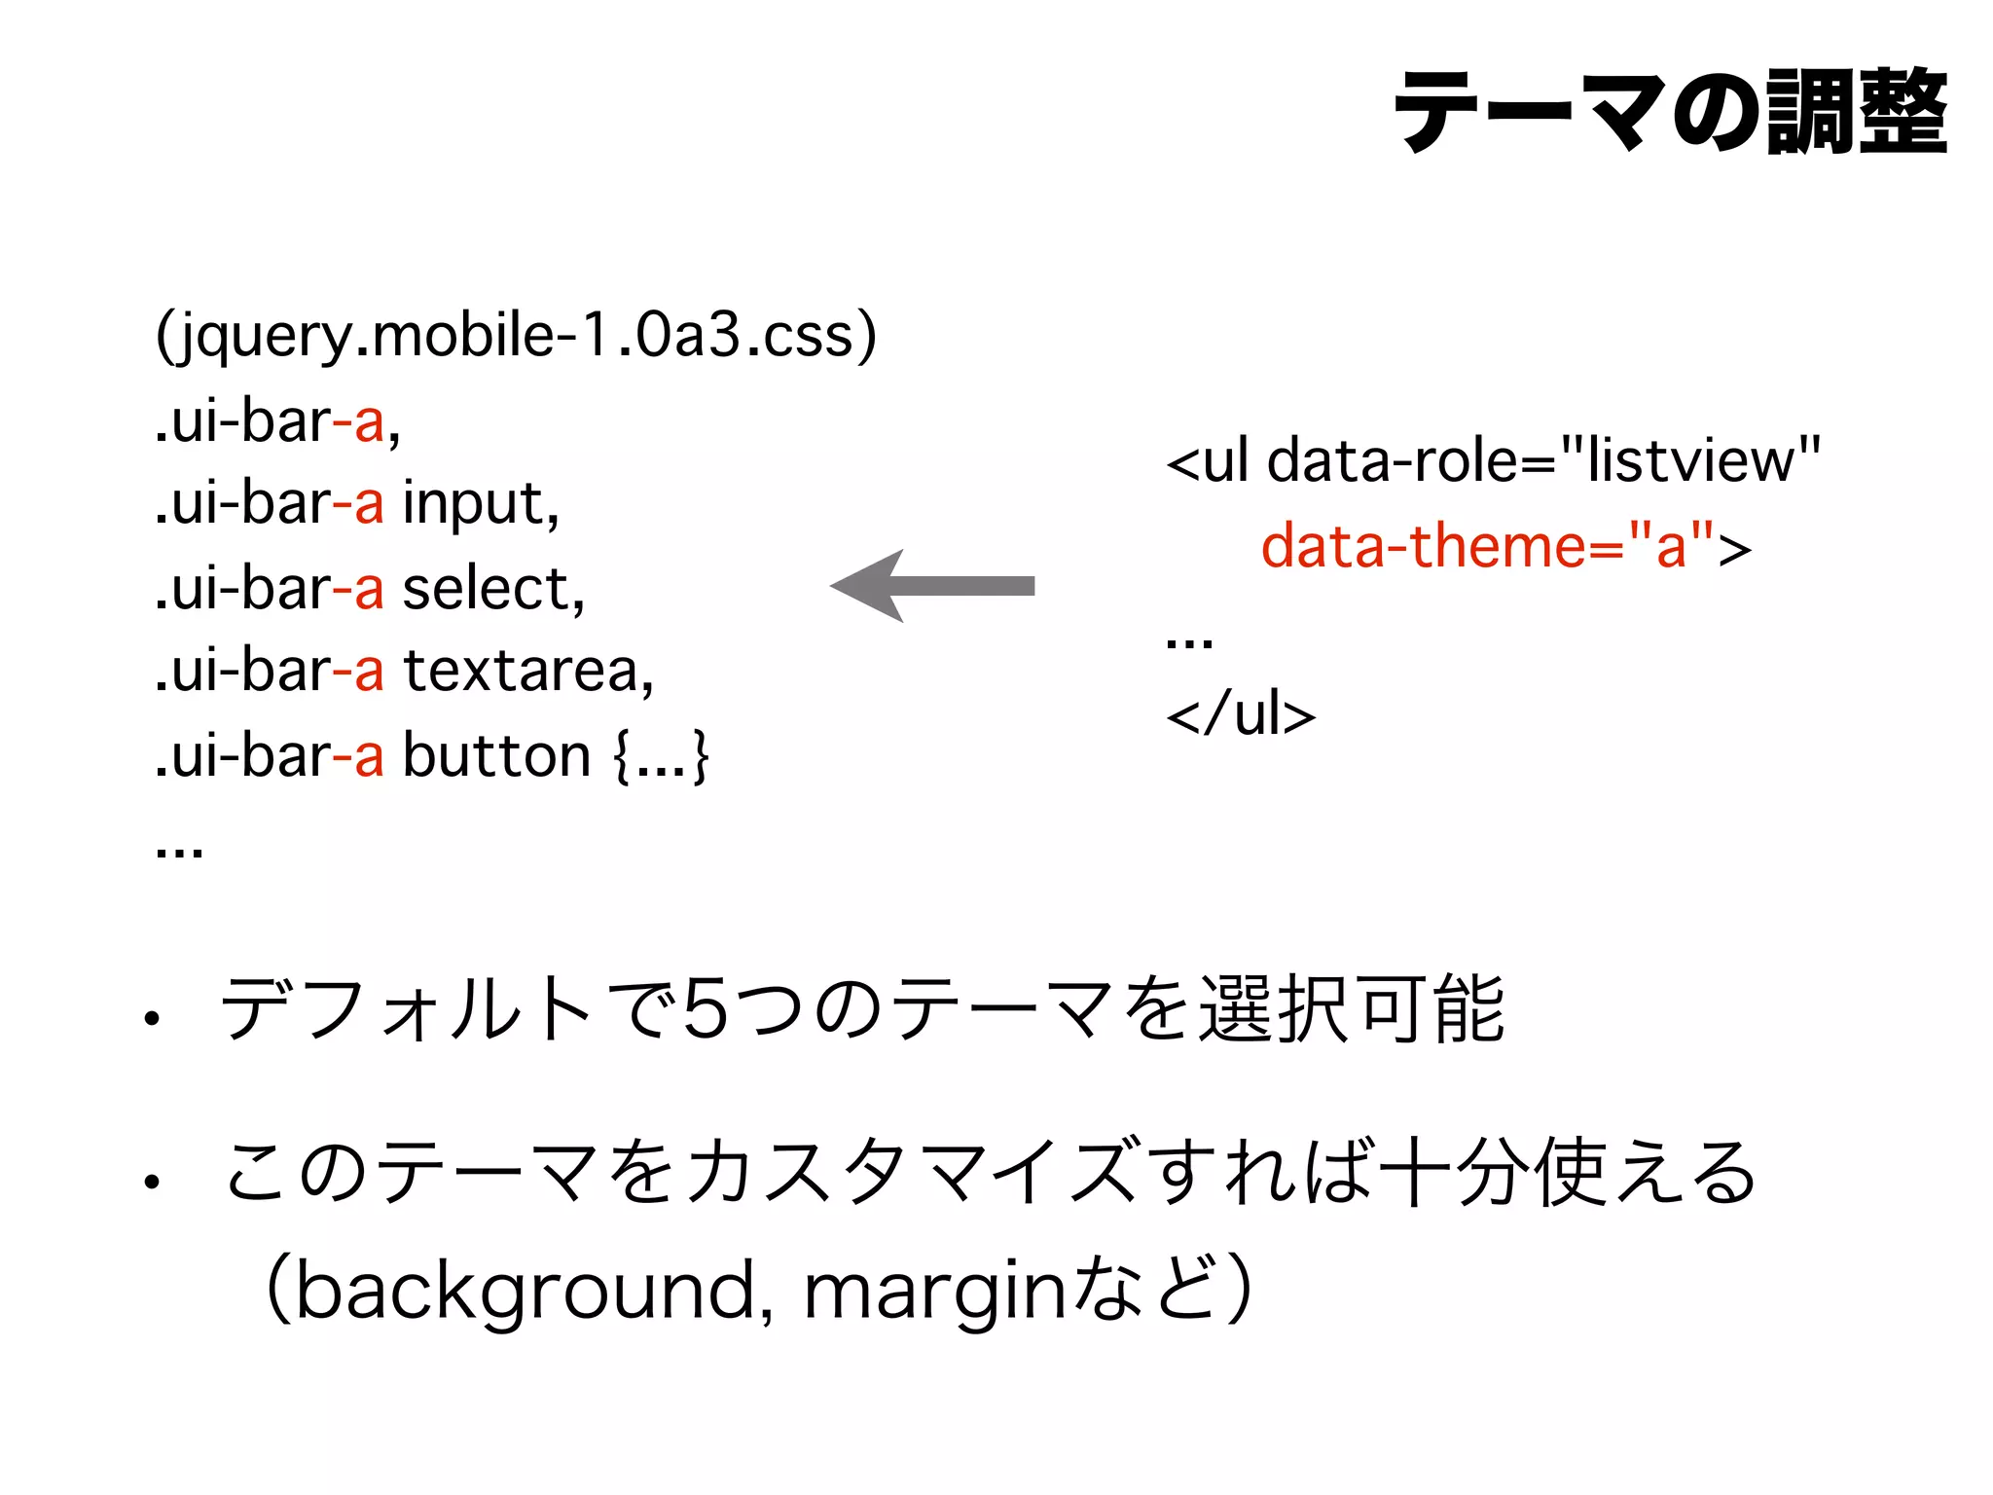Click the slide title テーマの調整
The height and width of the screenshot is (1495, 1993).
(x=1670, y=112)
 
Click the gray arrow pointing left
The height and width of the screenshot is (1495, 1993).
(x=932, y=586)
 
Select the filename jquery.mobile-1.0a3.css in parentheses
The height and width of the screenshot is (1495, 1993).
(x=516, y=336)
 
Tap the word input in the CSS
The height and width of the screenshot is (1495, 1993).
(x=480, y=504)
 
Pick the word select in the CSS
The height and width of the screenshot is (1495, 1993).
(x=492, y=589)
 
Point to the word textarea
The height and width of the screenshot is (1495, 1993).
(x=526, y=672)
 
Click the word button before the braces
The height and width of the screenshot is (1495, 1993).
(x=496, y=756)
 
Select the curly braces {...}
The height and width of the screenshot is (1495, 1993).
(x=662, y=756)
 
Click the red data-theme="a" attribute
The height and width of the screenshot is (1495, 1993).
(x=1489, y=546)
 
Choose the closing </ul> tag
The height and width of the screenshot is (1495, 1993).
(x=1241, y=714)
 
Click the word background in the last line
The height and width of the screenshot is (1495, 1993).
(x=525, y=1291)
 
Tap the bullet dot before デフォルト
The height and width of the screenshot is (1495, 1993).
(x=151, y=1020)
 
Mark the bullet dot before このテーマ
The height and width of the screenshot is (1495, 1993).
(x=151, y=1183)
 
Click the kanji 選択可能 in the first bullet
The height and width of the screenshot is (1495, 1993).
(x=1352, y=1009)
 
